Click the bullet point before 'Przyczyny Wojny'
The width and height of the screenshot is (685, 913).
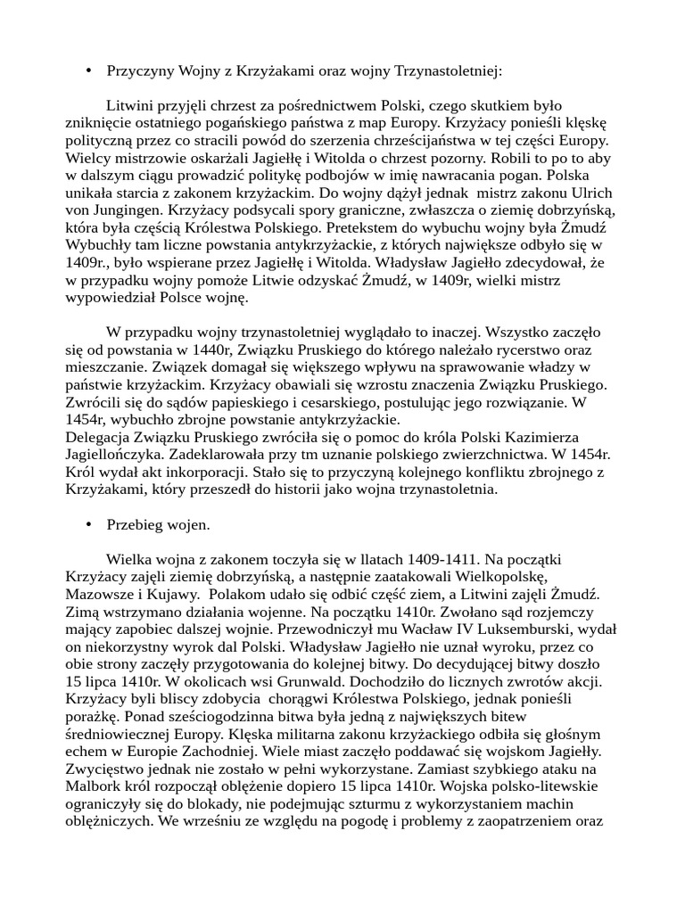[x=88, y=70]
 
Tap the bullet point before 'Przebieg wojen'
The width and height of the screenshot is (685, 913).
[x=88, y=525]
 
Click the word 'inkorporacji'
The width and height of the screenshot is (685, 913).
[x=200, y=473]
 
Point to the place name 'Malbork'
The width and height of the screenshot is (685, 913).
[x=94, y=786]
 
